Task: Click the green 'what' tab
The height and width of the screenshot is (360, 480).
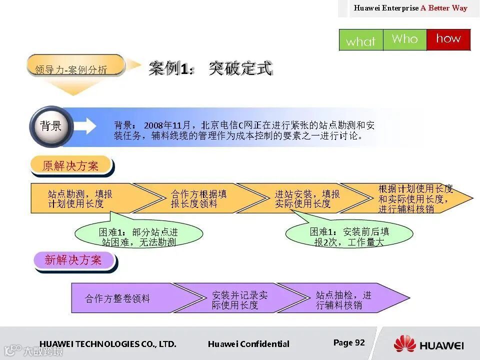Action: [360, 40]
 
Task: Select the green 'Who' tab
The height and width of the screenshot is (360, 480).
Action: [404, 39]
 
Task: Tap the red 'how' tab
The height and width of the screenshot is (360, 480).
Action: [448, 39]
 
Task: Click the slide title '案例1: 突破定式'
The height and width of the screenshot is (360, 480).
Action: [210, 68]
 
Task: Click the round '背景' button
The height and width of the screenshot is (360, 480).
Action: [51, 126]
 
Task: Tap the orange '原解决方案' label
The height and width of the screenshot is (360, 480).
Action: [70, 166]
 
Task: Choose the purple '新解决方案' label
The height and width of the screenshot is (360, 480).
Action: [73, 260]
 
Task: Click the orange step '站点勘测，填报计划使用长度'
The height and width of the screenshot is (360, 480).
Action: [80, 198]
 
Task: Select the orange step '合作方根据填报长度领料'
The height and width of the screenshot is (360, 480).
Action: [198, 198]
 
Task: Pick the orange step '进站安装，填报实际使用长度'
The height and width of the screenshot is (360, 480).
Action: [307, 198]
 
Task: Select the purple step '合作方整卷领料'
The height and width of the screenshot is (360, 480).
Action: [118, 298]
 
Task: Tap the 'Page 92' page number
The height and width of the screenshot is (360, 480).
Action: [349, 343]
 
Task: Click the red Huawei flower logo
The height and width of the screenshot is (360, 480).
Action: [404, 344]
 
